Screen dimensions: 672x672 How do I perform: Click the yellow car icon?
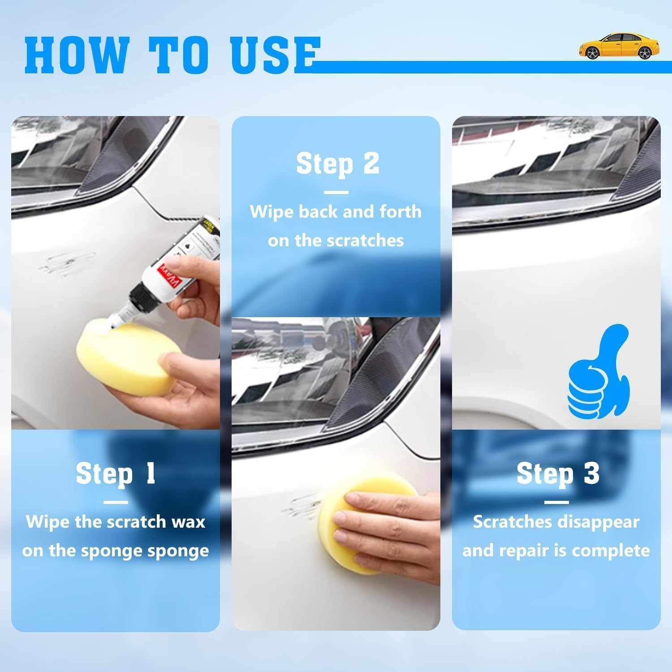[618, 46]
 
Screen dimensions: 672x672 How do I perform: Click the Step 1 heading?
[116, 474]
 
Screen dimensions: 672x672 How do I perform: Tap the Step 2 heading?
[337, 164]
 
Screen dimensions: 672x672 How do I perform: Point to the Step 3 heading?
[557, 474]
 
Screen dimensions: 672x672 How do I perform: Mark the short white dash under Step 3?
[556, 502]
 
